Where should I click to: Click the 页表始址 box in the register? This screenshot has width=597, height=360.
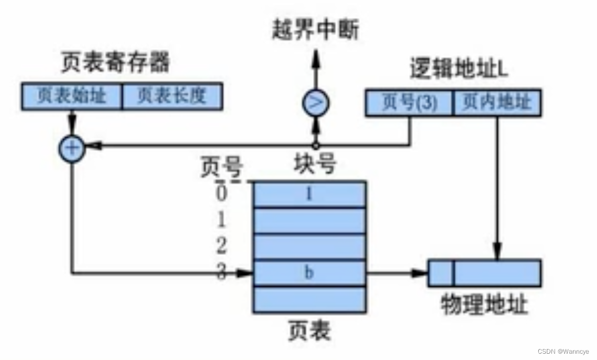point(72,96)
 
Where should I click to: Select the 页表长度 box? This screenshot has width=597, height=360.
point(172,96)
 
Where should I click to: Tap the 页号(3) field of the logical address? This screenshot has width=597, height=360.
point(408,102)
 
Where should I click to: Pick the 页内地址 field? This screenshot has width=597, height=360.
point(496,102)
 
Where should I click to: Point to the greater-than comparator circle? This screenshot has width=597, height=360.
point(315,103)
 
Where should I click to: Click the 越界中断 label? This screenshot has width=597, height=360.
point(315,30)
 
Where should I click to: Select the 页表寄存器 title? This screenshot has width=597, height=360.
point(115,63)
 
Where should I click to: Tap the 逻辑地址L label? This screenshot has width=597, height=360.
point(459,70)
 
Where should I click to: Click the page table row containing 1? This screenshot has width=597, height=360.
point(309,195)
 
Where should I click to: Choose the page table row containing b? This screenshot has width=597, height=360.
point(309,273)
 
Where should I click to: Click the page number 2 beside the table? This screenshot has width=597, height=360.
point(222,246)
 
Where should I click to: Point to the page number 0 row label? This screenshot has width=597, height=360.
point(222,194)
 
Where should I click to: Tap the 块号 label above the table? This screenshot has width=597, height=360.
point(314,165)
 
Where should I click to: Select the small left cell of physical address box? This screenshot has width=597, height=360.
point(441,273)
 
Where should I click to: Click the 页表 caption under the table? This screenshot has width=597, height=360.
point(309,331)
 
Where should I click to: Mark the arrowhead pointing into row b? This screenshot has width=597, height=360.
point(246,273)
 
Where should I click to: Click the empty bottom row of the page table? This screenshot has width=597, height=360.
point(309,299)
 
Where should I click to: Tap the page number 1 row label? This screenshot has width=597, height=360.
point(222,220)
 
